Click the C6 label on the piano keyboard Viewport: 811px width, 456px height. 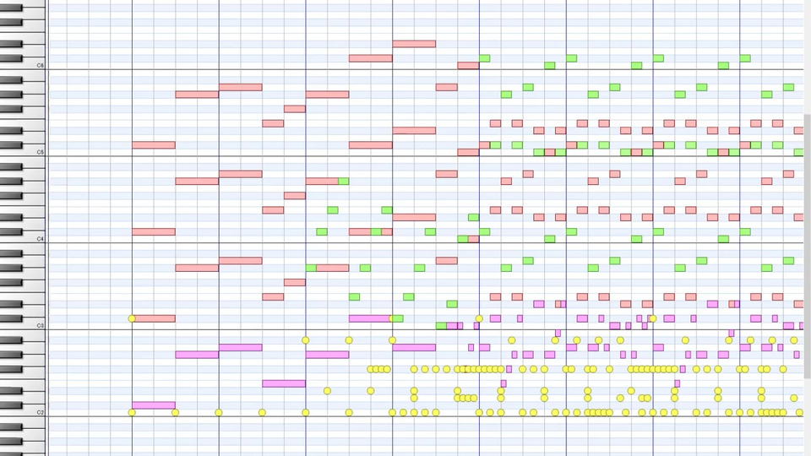coord(40,65)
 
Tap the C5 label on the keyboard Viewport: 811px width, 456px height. coord(40,153)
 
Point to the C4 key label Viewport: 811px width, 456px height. coord(40,240)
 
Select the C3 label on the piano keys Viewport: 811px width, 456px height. coord(40,326)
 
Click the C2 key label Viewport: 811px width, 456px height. coord(40,412)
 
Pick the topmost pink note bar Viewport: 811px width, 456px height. coord(414,44)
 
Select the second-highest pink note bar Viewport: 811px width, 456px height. coord(370,58)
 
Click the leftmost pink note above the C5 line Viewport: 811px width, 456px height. coord(154,145)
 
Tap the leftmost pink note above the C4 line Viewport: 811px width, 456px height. coord(154,231)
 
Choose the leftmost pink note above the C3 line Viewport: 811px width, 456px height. coord(154,318)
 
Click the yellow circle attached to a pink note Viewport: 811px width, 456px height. coord(132,318)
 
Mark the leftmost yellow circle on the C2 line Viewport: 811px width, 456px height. coord(132,412)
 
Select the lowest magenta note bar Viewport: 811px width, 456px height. coord(154,405)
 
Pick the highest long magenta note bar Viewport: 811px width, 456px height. coord(370,318)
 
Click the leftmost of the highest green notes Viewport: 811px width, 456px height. coord(485,58)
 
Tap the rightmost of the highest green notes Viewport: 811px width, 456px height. coord(745,58)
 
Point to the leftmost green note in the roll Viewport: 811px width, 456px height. coord(311,268)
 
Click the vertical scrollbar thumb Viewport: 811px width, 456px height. coord(807,245)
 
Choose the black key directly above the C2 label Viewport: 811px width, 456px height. coord(11,405)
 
